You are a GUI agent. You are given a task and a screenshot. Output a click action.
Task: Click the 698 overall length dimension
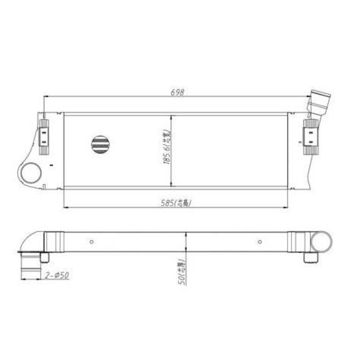click(x=178, y=93)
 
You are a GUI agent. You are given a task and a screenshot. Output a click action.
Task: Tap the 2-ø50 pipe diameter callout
click(x=57, y=276)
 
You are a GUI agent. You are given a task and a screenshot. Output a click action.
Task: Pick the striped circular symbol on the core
click(x=100, y=145)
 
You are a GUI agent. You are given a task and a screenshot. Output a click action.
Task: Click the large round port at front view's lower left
click(x=30, y=172)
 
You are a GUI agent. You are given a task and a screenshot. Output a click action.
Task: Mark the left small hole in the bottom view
click(x=92, y=241)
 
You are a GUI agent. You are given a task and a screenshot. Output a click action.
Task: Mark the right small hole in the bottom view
click(x=260, y=241)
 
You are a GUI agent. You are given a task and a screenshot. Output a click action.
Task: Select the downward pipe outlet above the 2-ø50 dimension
click(x=29, y=265)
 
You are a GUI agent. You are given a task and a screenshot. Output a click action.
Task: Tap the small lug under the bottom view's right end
click(x=311, y=257)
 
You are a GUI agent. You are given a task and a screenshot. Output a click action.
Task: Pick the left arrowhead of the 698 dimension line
click(x=45, y=96)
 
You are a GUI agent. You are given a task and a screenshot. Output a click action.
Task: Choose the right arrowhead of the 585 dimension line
click(x=285, y=208)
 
